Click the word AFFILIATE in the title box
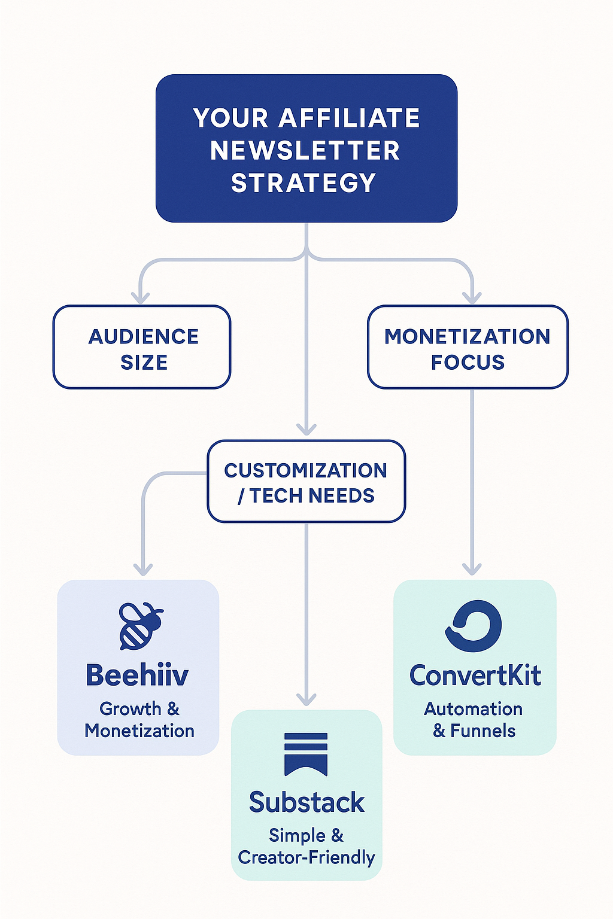[349, 118]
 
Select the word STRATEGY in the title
[304, 182]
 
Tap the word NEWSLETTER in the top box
[305, 150]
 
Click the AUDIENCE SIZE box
[142, 348]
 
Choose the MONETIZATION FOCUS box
[468, 348]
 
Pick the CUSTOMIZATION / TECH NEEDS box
[306, 482]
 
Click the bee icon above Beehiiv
[141, 626]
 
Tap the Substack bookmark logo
[306, 753]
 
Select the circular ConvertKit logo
[474, 626]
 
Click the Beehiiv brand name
[137, 675]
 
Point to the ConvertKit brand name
[475, 675]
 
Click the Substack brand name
[306, 802]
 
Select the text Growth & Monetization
[139, 720]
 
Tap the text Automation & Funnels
[474, 720]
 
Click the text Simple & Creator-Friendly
[306, 846]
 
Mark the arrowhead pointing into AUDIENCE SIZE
[141, 297]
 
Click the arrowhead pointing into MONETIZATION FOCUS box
[472, 297]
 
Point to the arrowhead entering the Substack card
[306, 699]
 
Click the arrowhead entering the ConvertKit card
[472, 568]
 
